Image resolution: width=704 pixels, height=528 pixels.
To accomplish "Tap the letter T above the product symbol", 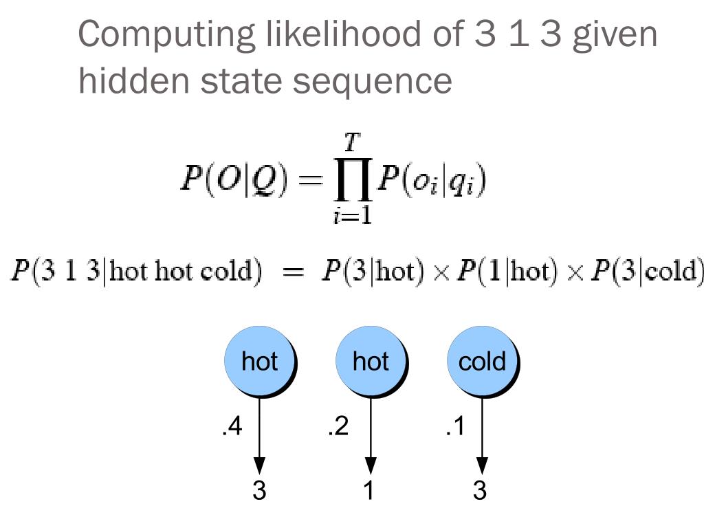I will click(x=351, y=143).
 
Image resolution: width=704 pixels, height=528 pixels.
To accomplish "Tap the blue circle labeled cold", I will click(x=482, y=362).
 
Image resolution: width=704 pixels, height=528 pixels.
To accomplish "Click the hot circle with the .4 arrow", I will click(x=260, y=362).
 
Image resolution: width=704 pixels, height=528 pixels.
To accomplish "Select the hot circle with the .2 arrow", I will click(x=371, y=362).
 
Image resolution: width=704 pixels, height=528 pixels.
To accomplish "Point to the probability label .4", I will click(x=232, y=428).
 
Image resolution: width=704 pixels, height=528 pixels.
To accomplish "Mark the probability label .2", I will click(x=338, y=428).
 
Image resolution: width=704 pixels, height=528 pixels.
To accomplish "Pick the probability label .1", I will click(x=454, y=428).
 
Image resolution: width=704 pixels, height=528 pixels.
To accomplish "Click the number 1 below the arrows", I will click(x=369, y=490).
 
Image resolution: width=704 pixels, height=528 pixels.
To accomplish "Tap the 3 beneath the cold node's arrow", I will click(x=480, y=490).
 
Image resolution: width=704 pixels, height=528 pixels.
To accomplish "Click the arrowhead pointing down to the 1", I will click(x=371, y=465).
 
